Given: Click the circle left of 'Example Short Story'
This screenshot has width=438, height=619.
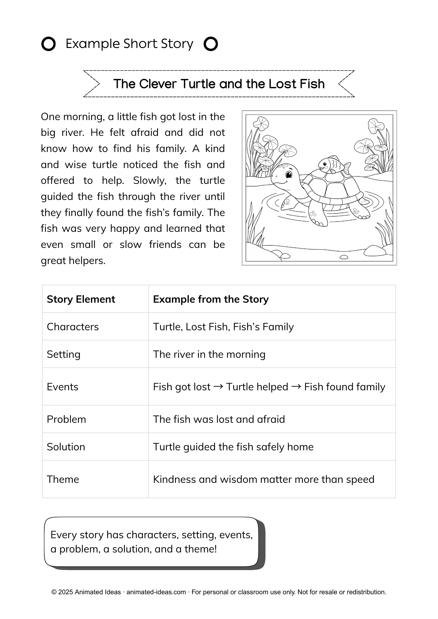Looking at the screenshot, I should click(x=48, y=44).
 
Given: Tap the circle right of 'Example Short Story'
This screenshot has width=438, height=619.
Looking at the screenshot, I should click(x=211, y=44).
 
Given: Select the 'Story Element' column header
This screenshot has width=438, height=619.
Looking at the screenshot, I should click(x=81, y=299).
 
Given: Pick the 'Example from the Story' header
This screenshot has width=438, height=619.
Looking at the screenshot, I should click(x=211, y=299).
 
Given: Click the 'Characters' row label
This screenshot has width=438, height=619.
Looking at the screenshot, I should click(x=72, y=327).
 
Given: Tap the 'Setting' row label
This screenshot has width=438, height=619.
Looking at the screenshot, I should click(x=64, y=354).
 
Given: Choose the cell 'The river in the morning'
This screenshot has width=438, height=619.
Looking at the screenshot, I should click(x=209, y=354).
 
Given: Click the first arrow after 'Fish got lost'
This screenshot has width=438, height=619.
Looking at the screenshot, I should click(x=218, y=387).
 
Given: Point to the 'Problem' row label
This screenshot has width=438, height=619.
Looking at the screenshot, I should click(x=66, y=419).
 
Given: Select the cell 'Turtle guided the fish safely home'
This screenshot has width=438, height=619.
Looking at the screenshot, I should click(x=233, y=447).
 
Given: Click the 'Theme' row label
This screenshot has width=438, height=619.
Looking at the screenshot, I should click(x=63, y=479).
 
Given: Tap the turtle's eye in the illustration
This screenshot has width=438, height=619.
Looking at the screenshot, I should click(x=289, y=175).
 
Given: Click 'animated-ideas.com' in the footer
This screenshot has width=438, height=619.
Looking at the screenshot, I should click(x=156, y=592).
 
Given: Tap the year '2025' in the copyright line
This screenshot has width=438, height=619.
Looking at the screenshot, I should click(x=66, y=592).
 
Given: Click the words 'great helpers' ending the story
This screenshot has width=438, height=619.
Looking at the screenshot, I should click(x=73, y=261).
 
